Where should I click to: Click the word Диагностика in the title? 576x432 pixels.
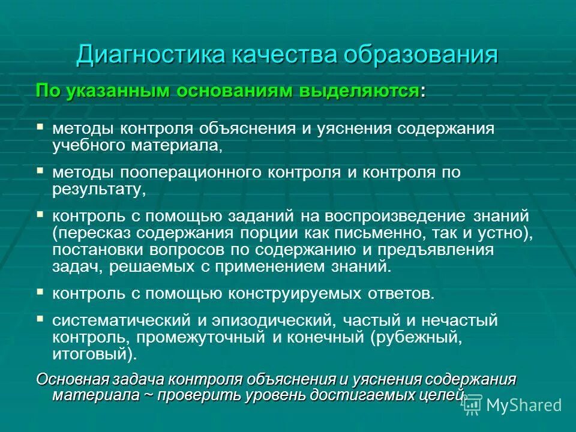pos(148,55)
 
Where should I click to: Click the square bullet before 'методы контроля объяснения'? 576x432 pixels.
pos(40,127)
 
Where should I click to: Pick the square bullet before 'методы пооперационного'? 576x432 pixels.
pos(40,171)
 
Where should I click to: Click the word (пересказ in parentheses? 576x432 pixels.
pos(90,232)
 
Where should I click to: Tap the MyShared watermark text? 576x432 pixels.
pos(523,405)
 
